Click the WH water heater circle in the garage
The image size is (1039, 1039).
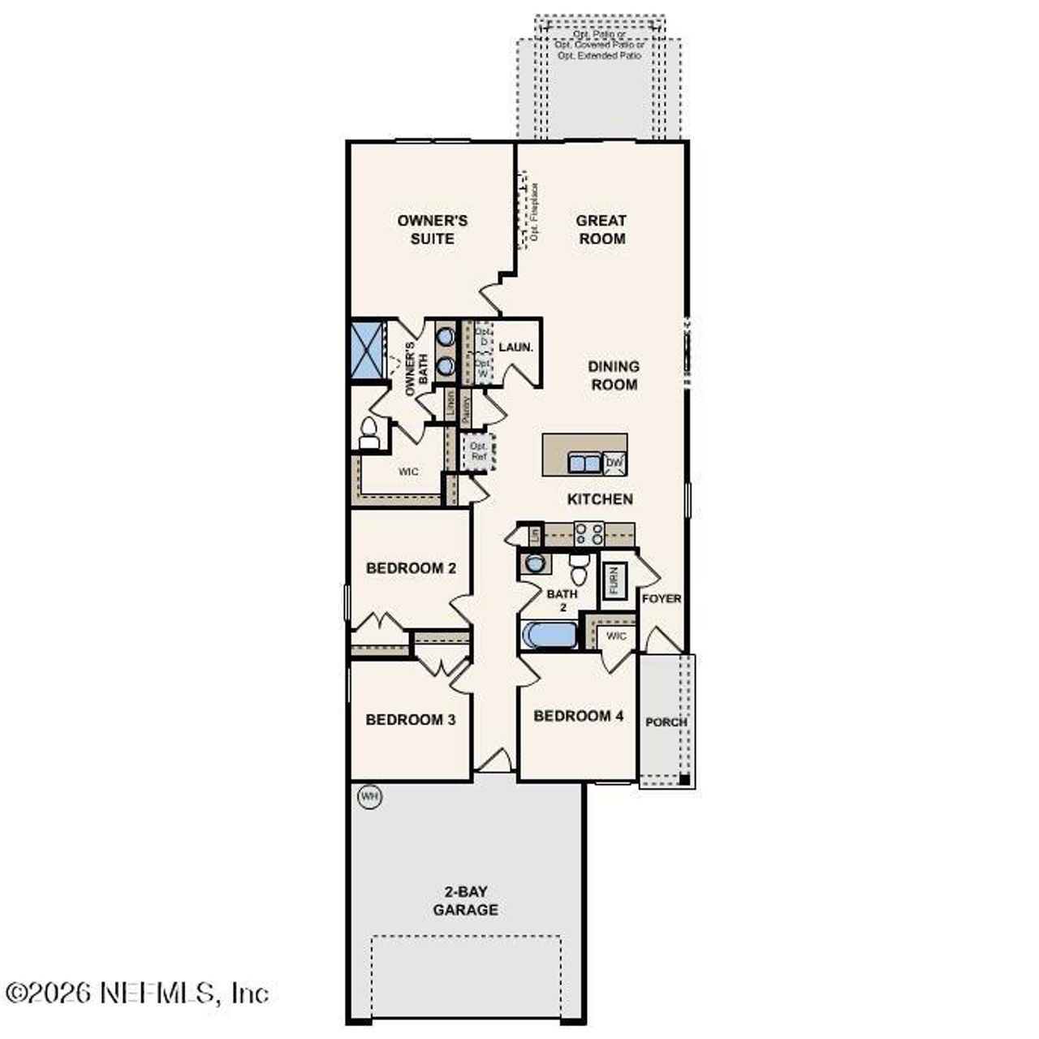tap(370, 796)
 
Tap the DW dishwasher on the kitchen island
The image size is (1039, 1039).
tap(615, 463)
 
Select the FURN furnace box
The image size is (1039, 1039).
tap(614, 581)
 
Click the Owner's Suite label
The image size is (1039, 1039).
tap(432, 230)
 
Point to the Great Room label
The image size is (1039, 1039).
tap(601, 230)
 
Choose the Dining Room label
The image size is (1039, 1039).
tap(614, 376)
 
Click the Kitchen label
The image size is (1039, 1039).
tap(600, 499)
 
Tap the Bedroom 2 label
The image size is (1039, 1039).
tap(411, 568)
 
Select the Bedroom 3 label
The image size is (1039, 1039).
tap(410, 720)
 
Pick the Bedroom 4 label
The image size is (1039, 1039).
tap(578, 716)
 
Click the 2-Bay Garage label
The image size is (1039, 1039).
tap(465, 901)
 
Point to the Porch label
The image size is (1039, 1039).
tap(666, 722)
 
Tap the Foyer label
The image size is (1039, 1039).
tap(662, 599)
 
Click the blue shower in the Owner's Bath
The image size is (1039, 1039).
tap(367, 350)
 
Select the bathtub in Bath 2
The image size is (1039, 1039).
tap(549, 635)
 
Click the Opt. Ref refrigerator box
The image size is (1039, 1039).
tap(479, 451)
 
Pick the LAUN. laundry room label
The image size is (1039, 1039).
tap(515, 347)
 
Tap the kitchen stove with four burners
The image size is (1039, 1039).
tap(588, 533)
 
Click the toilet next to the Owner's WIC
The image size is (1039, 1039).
tap(369, 433)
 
